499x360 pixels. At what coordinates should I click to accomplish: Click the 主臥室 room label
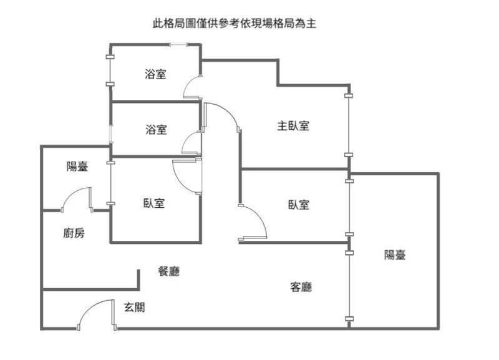click(x=293, y=126)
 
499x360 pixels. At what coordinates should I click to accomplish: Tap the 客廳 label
click(x=301, y=287)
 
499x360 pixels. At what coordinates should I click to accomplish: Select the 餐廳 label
click(x=169, y=271)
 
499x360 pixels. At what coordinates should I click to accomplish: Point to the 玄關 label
click(x=134, y=307)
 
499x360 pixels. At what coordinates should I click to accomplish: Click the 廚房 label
click(x=74, y=233)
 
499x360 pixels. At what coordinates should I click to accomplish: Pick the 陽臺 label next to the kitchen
click(x=77, y=167)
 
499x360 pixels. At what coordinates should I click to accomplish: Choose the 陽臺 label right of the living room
click(x=395, y=255)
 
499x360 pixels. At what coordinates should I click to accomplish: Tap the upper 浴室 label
click(x=155, y=74)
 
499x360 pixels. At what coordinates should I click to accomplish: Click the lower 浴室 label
click(x=157, y=130)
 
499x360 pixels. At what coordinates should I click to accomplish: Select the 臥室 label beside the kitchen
click(x=153, y=203)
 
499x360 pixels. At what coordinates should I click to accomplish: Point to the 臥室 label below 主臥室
click(x=299, y=205)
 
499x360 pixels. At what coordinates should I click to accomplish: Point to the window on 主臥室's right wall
click(x=349, y=125)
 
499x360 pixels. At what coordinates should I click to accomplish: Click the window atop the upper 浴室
click(x=178, y=45)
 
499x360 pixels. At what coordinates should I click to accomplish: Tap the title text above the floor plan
click(x=235, y=24)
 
